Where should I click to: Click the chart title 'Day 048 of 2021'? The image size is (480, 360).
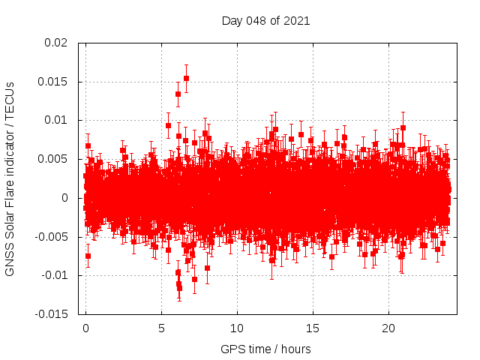point(265,20)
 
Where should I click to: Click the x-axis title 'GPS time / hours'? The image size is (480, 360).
point(265,349)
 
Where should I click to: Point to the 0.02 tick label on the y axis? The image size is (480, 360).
point(56,43)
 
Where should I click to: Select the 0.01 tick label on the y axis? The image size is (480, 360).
point(56,120)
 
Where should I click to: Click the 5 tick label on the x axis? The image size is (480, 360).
point(161,329)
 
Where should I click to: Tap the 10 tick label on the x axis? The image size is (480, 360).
point(237,329)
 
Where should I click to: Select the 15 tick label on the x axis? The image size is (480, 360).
point(313,329)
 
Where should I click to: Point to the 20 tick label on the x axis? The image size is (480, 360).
point(388,329)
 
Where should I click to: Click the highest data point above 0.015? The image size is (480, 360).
point(186,78)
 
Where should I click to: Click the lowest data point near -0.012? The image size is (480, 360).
point(179,288)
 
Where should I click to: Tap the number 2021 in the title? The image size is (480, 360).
point(296,20)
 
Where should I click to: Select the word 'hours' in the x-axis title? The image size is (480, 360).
point(295,349)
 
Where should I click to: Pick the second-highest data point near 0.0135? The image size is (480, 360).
point(178,94)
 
